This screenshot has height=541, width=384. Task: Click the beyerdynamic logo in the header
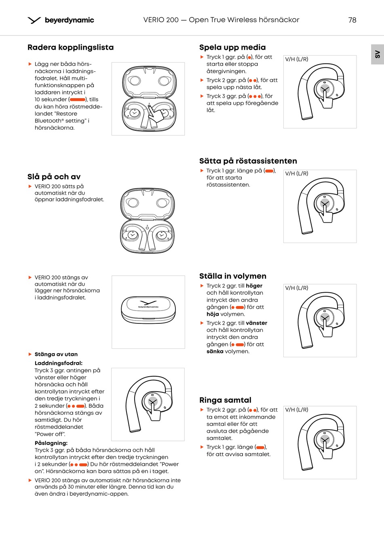tap(61, 20)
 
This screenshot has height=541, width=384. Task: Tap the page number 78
tap(352, 20)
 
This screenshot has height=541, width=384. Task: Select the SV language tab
tap(377, 54)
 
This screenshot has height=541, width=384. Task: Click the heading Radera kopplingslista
tap(70, 47)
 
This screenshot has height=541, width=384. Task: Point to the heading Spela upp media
tap(232, 47)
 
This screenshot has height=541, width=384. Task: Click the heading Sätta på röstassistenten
tap(248, 161)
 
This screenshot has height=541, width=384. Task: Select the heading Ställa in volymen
tap(232, 276)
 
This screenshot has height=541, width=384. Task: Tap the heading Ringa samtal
tap(225, 400)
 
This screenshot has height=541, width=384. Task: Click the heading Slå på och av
tap(54, 177)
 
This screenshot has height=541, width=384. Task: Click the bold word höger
tap(254, 286)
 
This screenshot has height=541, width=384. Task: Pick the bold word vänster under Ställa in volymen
tap(256, 323)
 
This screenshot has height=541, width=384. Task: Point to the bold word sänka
tap(215, 352)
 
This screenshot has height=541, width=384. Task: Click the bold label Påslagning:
tap(51, 443)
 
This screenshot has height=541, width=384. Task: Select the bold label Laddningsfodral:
tap(58, 363)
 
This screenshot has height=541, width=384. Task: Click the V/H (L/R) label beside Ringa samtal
tap(296, 410)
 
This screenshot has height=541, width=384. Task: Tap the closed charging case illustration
tap(148, 310)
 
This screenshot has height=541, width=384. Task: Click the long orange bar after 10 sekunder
tap(78, 100)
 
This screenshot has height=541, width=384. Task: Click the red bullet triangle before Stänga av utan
tap(30, 354)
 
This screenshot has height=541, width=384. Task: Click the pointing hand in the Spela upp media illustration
tap(325, 99)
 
